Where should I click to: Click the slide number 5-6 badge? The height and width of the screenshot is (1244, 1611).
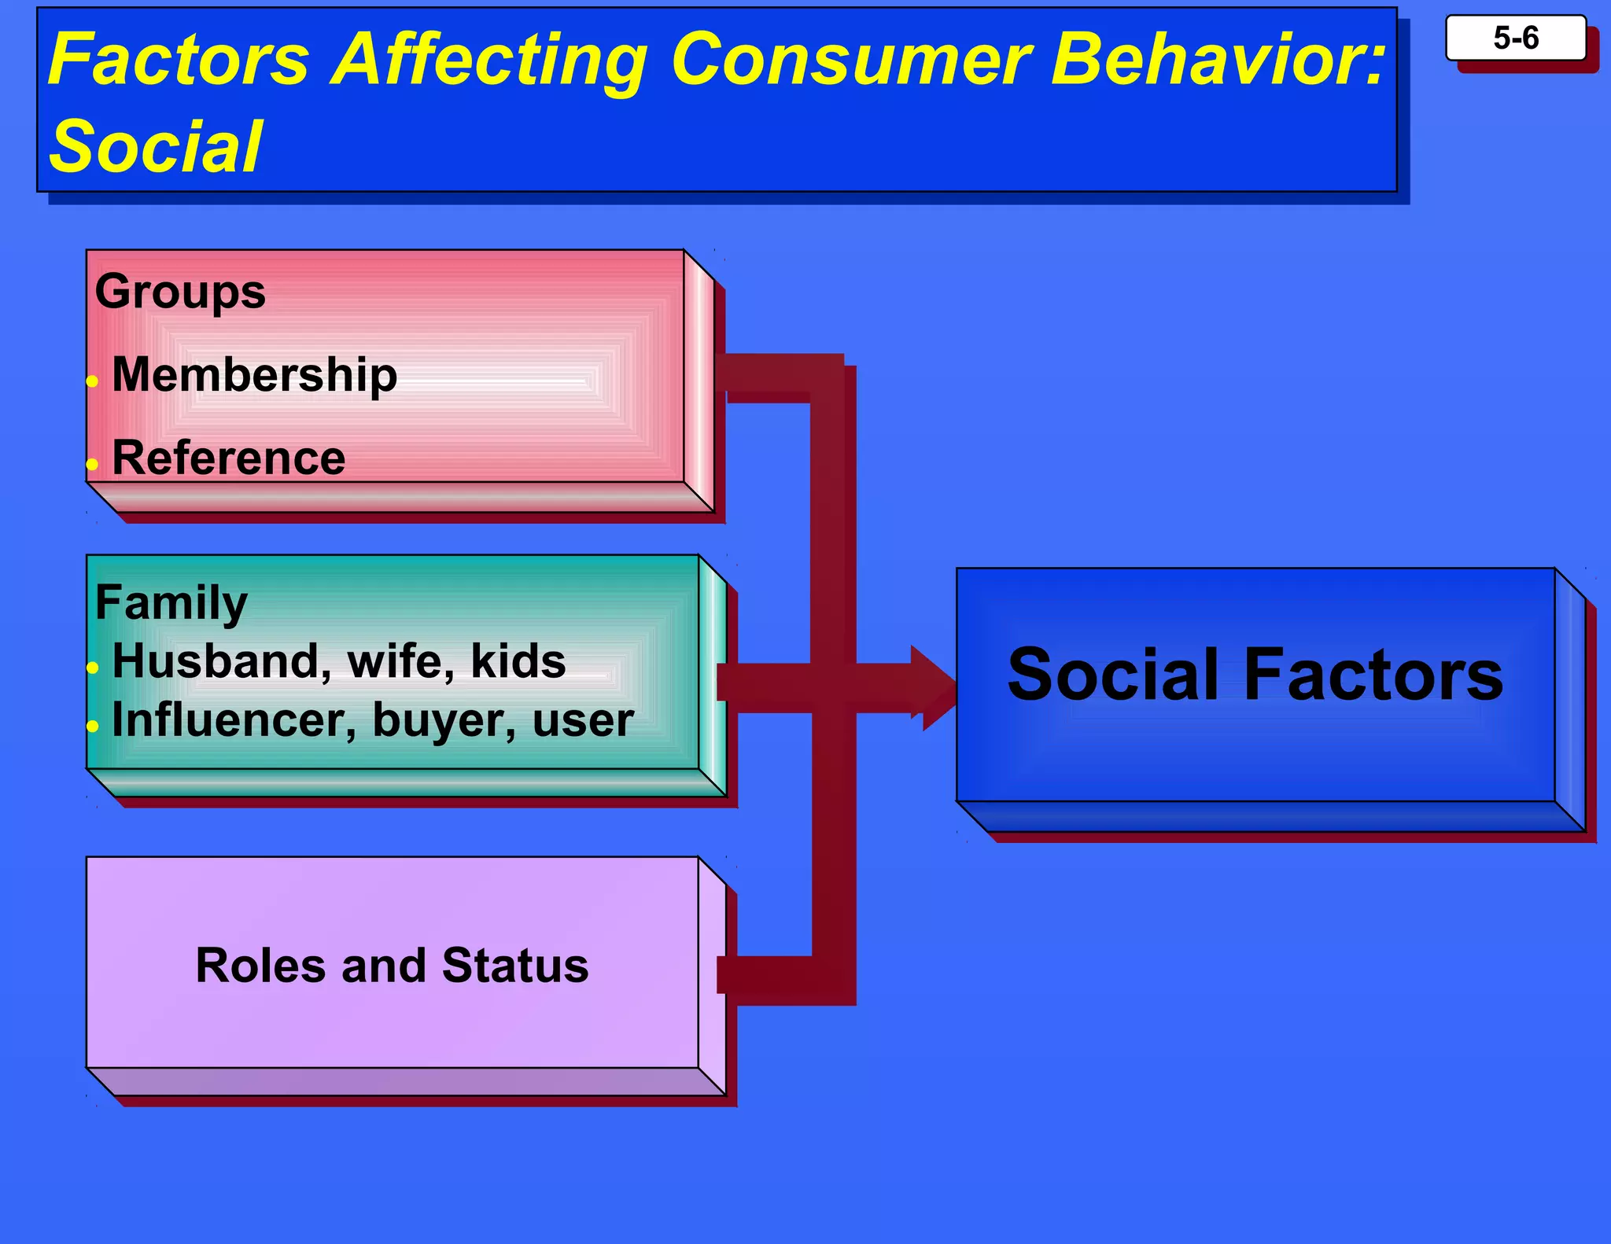pyautogui.click(x=1515, y=38)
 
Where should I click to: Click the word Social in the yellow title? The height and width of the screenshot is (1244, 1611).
pyautogui.click(x=155, y=146)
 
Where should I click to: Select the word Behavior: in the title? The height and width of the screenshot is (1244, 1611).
pyautogui.click(x=1218, y=60)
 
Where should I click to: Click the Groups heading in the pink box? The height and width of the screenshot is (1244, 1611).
pyautogui.click(x=180, y=292)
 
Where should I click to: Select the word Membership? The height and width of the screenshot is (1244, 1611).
pyautogui.click(x=254, y=374)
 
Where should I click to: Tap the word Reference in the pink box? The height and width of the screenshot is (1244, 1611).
pyautogui.click(x=228, y=458)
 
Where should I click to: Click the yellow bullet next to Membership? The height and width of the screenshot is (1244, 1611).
pyautogui.click(x=92, y=382)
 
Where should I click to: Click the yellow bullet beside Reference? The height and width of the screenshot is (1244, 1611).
pyautogui.click(x=92, y=465)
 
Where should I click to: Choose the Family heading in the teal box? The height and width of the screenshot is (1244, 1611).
pyautogui.click(x=171, y=603)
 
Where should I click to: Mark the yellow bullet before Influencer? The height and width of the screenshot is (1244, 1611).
pyautogui.click(x=92, y=726)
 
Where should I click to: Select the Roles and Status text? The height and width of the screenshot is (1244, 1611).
pyautogui.click(x=392, y=965)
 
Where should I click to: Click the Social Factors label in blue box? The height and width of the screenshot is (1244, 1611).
pyautogui.click(x=1255, y=675)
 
